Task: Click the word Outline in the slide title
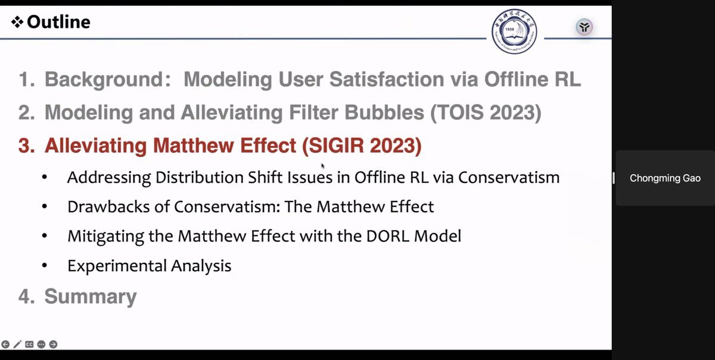[58, 22]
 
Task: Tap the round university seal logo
[514, 31]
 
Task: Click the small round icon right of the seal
[584, 27]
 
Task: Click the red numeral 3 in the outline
[26, 145]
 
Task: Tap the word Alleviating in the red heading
[96, 145]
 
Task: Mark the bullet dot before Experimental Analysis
[45, 266]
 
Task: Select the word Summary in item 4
[91, 296]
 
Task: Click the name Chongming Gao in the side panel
[665, 178]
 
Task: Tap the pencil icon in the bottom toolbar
[17, 344]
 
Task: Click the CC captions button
[29, 344]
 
